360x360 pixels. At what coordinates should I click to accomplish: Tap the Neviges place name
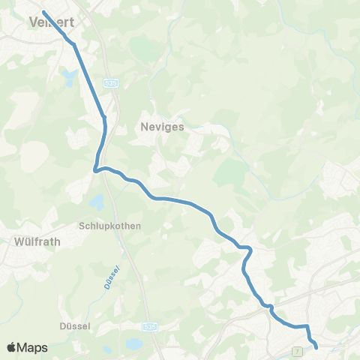(162, 127)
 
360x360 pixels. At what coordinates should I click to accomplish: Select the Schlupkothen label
(109, 226)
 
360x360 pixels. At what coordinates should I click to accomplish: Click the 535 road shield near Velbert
(111, 80)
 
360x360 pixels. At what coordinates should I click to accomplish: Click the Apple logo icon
(12, 347)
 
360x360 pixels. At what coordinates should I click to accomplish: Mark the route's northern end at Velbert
(44, 12)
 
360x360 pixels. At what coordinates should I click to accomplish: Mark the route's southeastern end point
(316, 346)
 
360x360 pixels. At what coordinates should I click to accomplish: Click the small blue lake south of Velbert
(70, 76)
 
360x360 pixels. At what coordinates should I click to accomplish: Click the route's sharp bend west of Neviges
(95, 170)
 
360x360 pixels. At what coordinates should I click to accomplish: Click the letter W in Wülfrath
(18, 242)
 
